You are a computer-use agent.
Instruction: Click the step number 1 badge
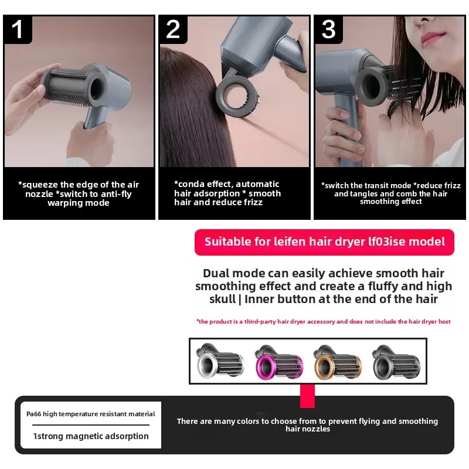click(x=18, y=29)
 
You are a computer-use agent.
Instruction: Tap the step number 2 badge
click(x=173, y=29)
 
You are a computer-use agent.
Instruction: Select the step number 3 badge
click(x=328, y=29)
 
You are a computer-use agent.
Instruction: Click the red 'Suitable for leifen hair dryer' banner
click(x=324, y=242)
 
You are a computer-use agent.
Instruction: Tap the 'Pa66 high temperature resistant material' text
click(x=91, y=414)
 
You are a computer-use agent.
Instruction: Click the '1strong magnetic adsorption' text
click(x=91, y=436)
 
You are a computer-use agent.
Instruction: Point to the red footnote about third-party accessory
click(x=323, y=321)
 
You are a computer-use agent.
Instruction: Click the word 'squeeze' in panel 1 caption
click(x=39, y=185)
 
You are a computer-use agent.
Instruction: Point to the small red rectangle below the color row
click(x=307, y=396)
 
